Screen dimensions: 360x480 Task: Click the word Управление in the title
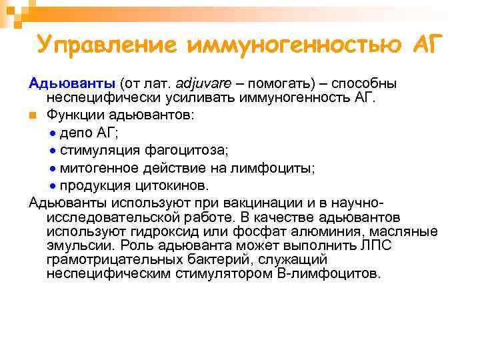pyautogui.click(x=107, y=45)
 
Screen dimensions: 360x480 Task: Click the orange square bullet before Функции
pyautogui.click(x=33, y=115)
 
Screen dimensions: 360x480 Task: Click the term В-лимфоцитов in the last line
pyautogui.click(x=327, y=274)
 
